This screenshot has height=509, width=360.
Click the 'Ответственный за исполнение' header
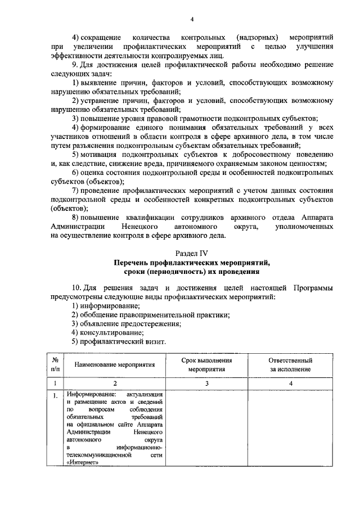click(291, 364)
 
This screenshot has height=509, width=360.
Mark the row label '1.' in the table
click(55, 396)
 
